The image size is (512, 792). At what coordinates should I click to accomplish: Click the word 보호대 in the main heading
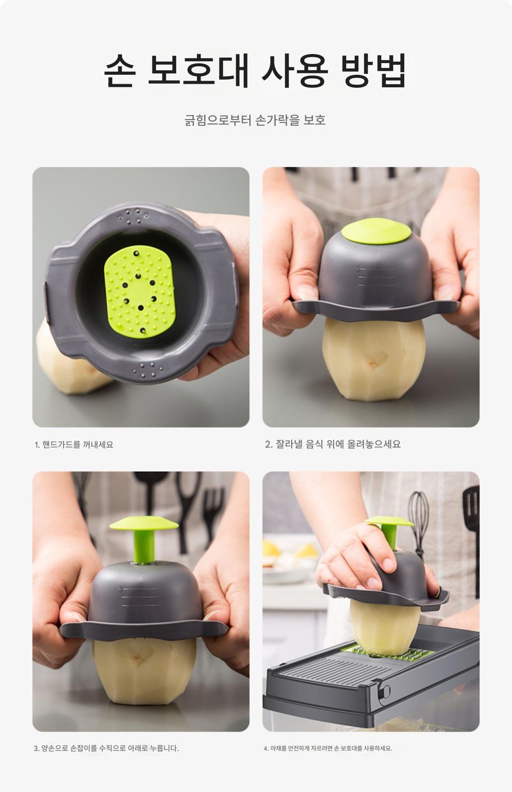pyautogui.click(x=199, y=71)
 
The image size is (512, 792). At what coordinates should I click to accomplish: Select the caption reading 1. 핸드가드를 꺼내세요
pyautogui.click(x=74, y=445)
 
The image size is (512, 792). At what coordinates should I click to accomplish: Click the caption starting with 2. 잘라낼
pyautogui.click(x=333, y=444)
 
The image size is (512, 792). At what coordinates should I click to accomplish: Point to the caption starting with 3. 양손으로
pyautogui.click(x=106, y=748)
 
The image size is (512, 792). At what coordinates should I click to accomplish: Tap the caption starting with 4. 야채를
pyautogui.click(x=328, y=748)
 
